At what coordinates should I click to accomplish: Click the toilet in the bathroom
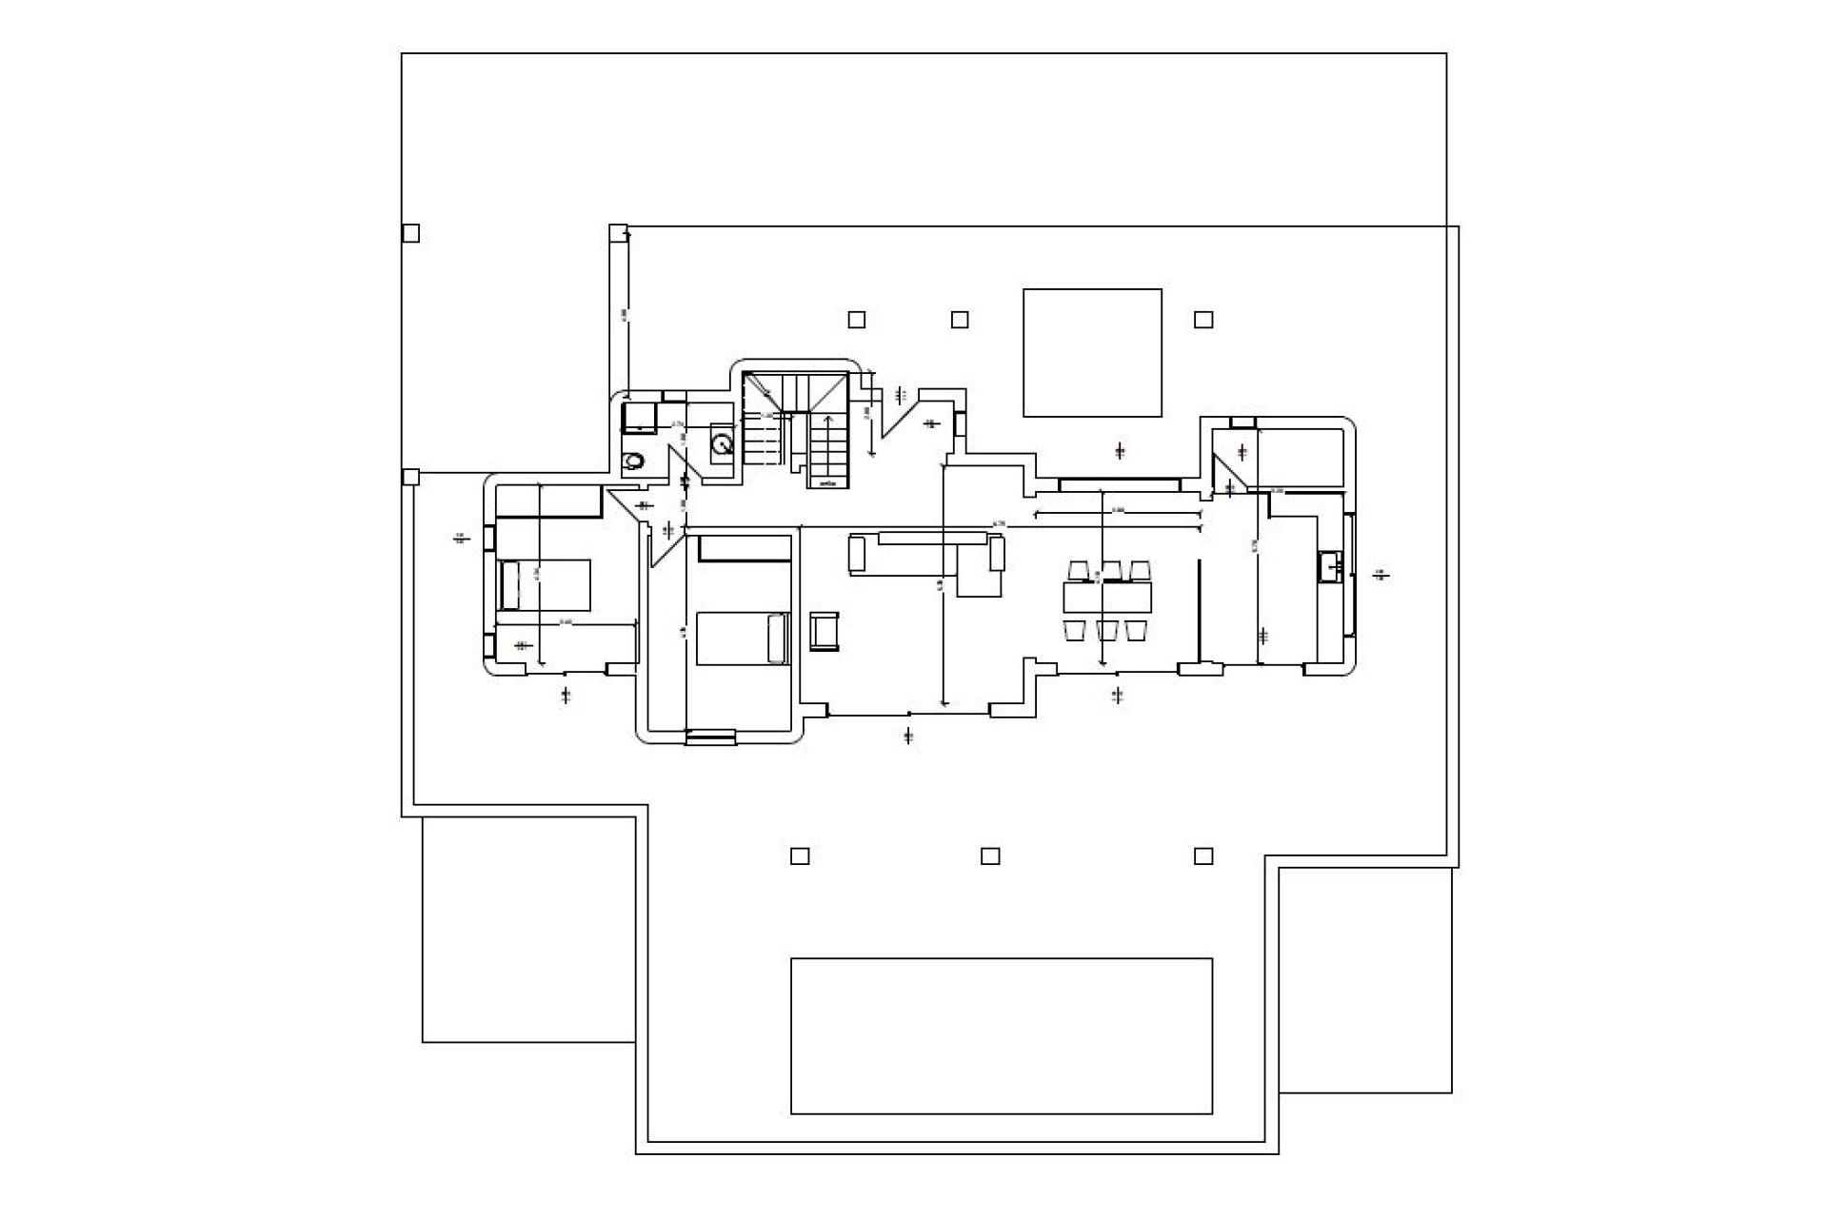[633, 462]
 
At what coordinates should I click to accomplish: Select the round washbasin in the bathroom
[723, 443]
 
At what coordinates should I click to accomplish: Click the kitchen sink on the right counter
[1330, 567]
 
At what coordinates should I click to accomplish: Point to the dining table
[1107, 598]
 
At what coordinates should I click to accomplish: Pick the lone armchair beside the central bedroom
[825, 632]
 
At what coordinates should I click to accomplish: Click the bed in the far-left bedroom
[544, 585]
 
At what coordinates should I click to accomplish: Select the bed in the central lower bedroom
[744, 638]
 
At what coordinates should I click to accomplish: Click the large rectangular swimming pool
[1002, 1035]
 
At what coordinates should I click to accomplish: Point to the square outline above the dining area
[1092, 353]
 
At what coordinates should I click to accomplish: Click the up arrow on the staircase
[827, 447]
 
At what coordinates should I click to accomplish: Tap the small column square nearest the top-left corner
[410, 233]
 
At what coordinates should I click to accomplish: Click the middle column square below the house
[990, 856]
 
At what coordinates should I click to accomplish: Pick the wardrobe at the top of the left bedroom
[548, 501]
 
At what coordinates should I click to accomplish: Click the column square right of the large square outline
[1203, 320]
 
